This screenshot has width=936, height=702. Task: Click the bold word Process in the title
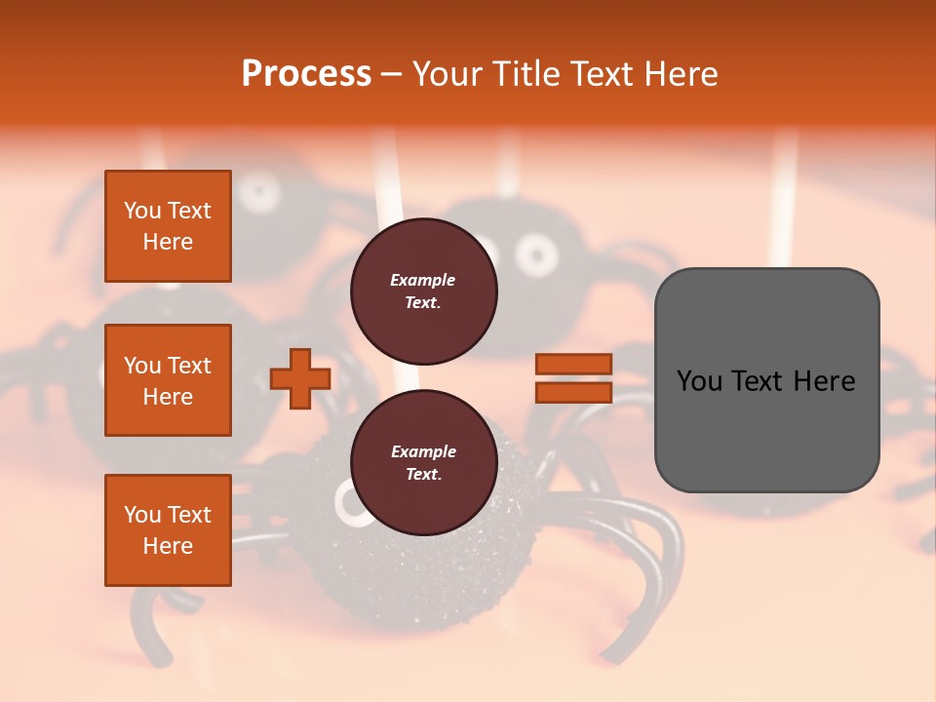(306, 73)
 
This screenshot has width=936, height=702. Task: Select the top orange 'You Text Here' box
(168, 226)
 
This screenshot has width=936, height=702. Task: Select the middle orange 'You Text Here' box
(168, 380)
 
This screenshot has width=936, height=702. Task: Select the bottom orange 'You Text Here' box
(168, 530)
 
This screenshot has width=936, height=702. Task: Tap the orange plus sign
(300, 378)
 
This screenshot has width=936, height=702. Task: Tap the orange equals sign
(573, 378)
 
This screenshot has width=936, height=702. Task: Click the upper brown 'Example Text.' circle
(423, 292)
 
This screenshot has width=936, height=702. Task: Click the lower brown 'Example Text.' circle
(423, 463)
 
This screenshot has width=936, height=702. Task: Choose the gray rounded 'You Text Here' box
(766, 380)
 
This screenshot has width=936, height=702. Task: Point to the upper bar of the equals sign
(573, 365)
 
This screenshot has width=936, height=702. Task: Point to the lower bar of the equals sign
(573, 392)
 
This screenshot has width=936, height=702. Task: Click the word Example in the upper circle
(423, 280)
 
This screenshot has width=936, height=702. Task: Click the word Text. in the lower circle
(423, 475)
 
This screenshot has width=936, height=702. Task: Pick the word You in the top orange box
(142, 211)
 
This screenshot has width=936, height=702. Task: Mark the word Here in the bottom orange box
(168, 546)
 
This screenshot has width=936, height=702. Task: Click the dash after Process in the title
(392, 74)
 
